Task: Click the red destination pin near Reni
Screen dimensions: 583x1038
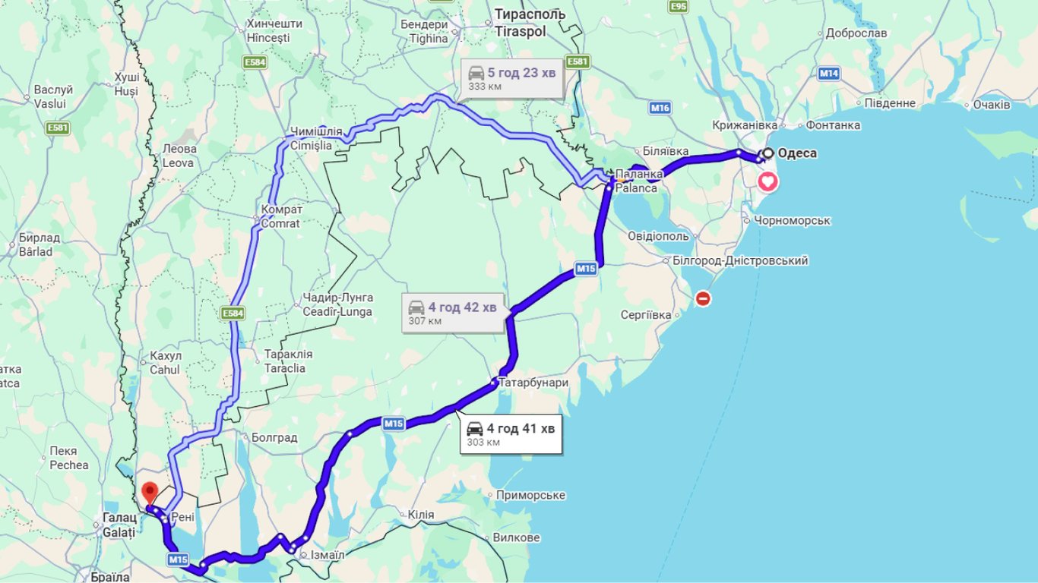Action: [150, 492]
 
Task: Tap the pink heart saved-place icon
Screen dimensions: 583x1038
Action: [768, 181]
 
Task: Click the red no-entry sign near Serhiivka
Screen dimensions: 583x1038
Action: [703, 299]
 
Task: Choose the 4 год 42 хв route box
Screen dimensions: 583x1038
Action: [453, 312]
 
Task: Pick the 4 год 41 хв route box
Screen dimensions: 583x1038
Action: [511, 434]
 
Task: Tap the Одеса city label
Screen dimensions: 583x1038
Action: [797, 153]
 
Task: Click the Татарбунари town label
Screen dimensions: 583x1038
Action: [533, 383]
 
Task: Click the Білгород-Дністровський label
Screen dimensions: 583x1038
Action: [740, 260]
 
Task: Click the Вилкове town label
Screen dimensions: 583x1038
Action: [516, 537]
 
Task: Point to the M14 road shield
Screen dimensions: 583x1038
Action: [828, 74]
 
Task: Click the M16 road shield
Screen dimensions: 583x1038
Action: [660, 109]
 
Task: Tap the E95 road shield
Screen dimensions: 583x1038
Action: [679, 7]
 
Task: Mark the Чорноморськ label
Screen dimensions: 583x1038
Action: [793, 221]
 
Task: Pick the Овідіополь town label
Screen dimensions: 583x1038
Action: [659, 236]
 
